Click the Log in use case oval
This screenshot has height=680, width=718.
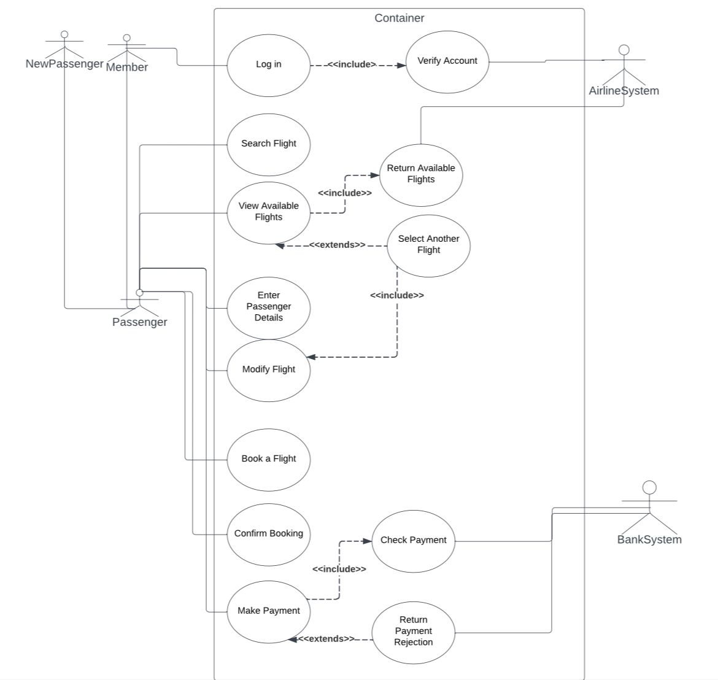coord(268,65)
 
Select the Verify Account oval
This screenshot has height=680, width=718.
coord(447,61)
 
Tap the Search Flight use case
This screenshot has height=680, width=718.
coord(268,144)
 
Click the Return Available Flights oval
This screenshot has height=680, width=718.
coord(421,174)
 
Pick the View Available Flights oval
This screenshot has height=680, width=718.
coord(268,212)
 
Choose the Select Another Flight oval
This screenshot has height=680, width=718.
coord(428,245)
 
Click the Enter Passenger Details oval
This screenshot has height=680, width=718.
coord(268,307)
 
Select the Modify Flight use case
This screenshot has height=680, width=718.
coord(268,370)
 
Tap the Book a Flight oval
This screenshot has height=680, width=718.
coord(268,459)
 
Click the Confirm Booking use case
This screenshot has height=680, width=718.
coord(268,534)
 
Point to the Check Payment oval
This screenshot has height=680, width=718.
coord(413,541)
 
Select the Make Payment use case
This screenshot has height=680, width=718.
coord(268,611)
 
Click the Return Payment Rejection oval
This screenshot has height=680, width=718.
coord(413,632)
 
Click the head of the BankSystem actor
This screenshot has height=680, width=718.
coord(649,488)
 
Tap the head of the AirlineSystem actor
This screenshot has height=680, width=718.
coord(624,50)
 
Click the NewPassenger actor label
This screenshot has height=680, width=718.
coord(64,64)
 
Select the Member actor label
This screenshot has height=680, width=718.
coord(127,68)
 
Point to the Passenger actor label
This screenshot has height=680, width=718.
coord(139,322)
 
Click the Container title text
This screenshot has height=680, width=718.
coord(399,18)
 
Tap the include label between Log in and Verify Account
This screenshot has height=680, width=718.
coord(352,64)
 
